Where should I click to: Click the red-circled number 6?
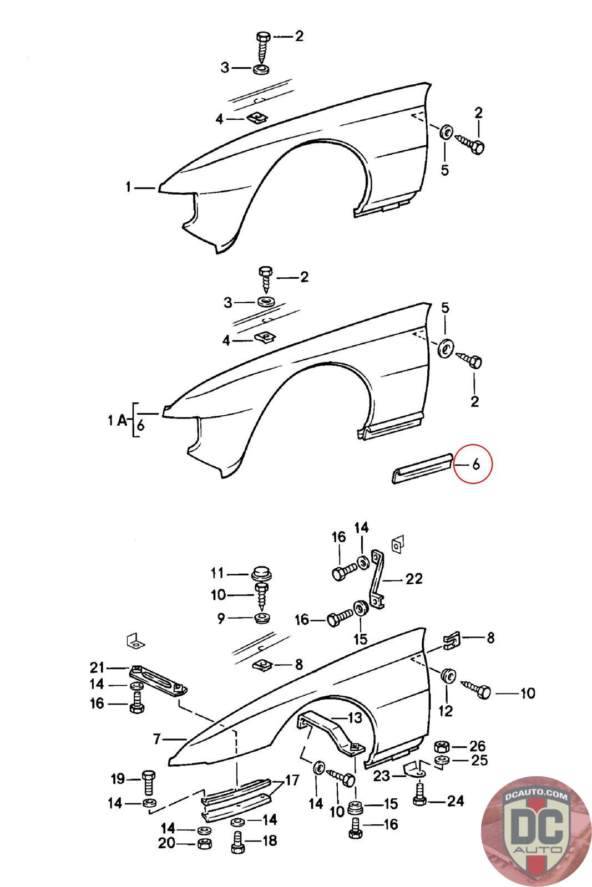click(476, 464)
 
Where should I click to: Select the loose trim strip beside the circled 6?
click(421, 468)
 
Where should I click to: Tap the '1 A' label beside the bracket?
click(117, 420)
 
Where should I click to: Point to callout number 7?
click(157, 738)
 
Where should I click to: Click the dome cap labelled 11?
click(261, 574)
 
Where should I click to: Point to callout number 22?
click(414, 579)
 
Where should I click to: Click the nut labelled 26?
click(442, 746)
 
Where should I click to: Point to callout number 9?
click(221, 618)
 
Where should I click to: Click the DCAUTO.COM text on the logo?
click(537, 796)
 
